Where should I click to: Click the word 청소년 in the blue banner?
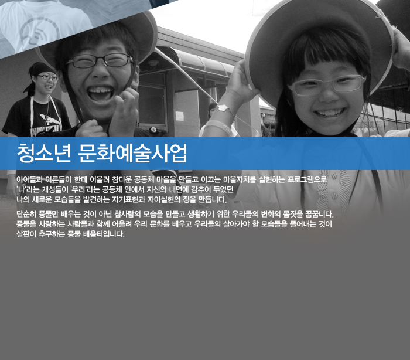(44, 153)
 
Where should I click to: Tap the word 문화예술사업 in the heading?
(132, 153)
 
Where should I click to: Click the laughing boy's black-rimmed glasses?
(100, 61)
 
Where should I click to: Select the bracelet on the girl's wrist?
(225, 110)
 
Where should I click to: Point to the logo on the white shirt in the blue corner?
(40, 32)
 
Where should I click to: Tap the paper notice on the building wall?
(179, 116)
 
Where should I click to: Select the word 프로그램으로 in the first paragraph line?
(307, 180)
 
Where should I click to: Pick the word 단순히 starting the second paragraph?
(26, 214)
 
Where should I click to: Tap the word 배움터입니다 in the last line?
(104, 234)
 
